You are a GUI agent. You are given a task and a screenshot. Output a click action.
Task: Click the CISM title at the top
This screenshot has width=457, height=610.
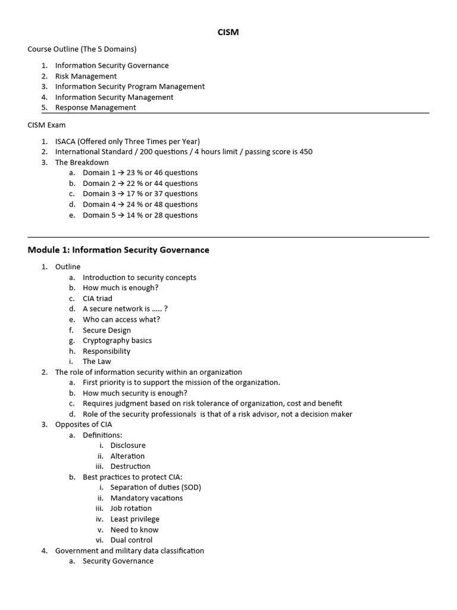pyautogui.click(x=228, y=32)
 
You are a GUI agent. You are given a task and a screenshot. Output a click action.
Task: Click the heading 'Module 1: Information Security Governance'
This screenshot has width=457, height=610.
pyautogui.click(x=118, y=250)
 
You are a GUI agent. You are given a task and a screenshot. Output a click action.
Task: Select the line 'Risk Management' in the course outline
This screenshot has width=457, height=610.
pyautogui.click(x=86, y=76)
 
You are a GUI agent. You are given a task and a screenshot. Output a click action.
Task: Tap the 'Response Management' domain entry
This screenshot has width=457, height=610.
pyautogui.click(x=95, y=108)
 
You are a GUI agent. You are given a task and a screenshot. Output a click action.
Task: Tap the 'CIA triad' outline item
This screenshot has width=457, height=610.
pyautogui.click(x=98, y=298)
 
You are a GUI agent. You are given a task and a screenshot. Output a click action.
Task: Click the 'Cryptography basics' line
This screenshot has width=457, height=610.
pyautogui.click(x=117, y=341)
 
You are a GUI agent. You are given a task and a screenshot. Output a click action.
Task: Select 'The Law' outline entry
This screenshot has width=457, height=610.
pyautogui.click(x=97, y=362)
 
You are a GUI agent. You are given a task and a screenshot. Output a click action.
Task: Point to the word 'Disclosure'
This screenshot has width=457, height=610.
pyautogui.click(x=128, y=446)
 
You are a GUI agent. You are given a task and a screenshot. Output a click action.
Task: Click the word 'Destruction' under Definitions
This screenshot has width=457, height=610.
pyautogui.click(x=130, y=466)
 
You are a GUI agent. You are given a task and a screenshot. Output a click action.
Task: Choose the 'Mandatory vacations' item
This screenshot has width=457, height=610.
pyautogui.click(x=146, y=498)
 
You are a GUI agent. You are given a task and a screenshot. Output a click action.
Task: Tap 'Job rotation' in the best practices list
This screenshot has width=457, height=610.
pyautogui.click(x=131, y=509)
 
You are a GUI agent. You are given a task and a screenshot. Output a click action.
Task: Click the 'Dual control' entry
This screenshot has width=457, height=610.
pyautogui.click(x=132, y=540)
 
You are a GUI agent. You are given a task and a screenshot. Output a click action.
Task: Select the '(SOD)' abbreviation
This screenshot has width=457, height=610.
pyautogui.click(x=190, y=487)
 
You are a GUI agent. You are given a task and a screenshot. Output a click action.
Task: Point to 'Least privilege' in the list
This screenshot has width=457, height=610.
pyautogui.click(x=135, y=519)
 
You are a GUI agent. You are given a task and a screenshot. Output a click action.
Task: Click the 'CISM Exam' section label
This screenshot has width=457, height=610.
pyautogui.click(x=47, y=125)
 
